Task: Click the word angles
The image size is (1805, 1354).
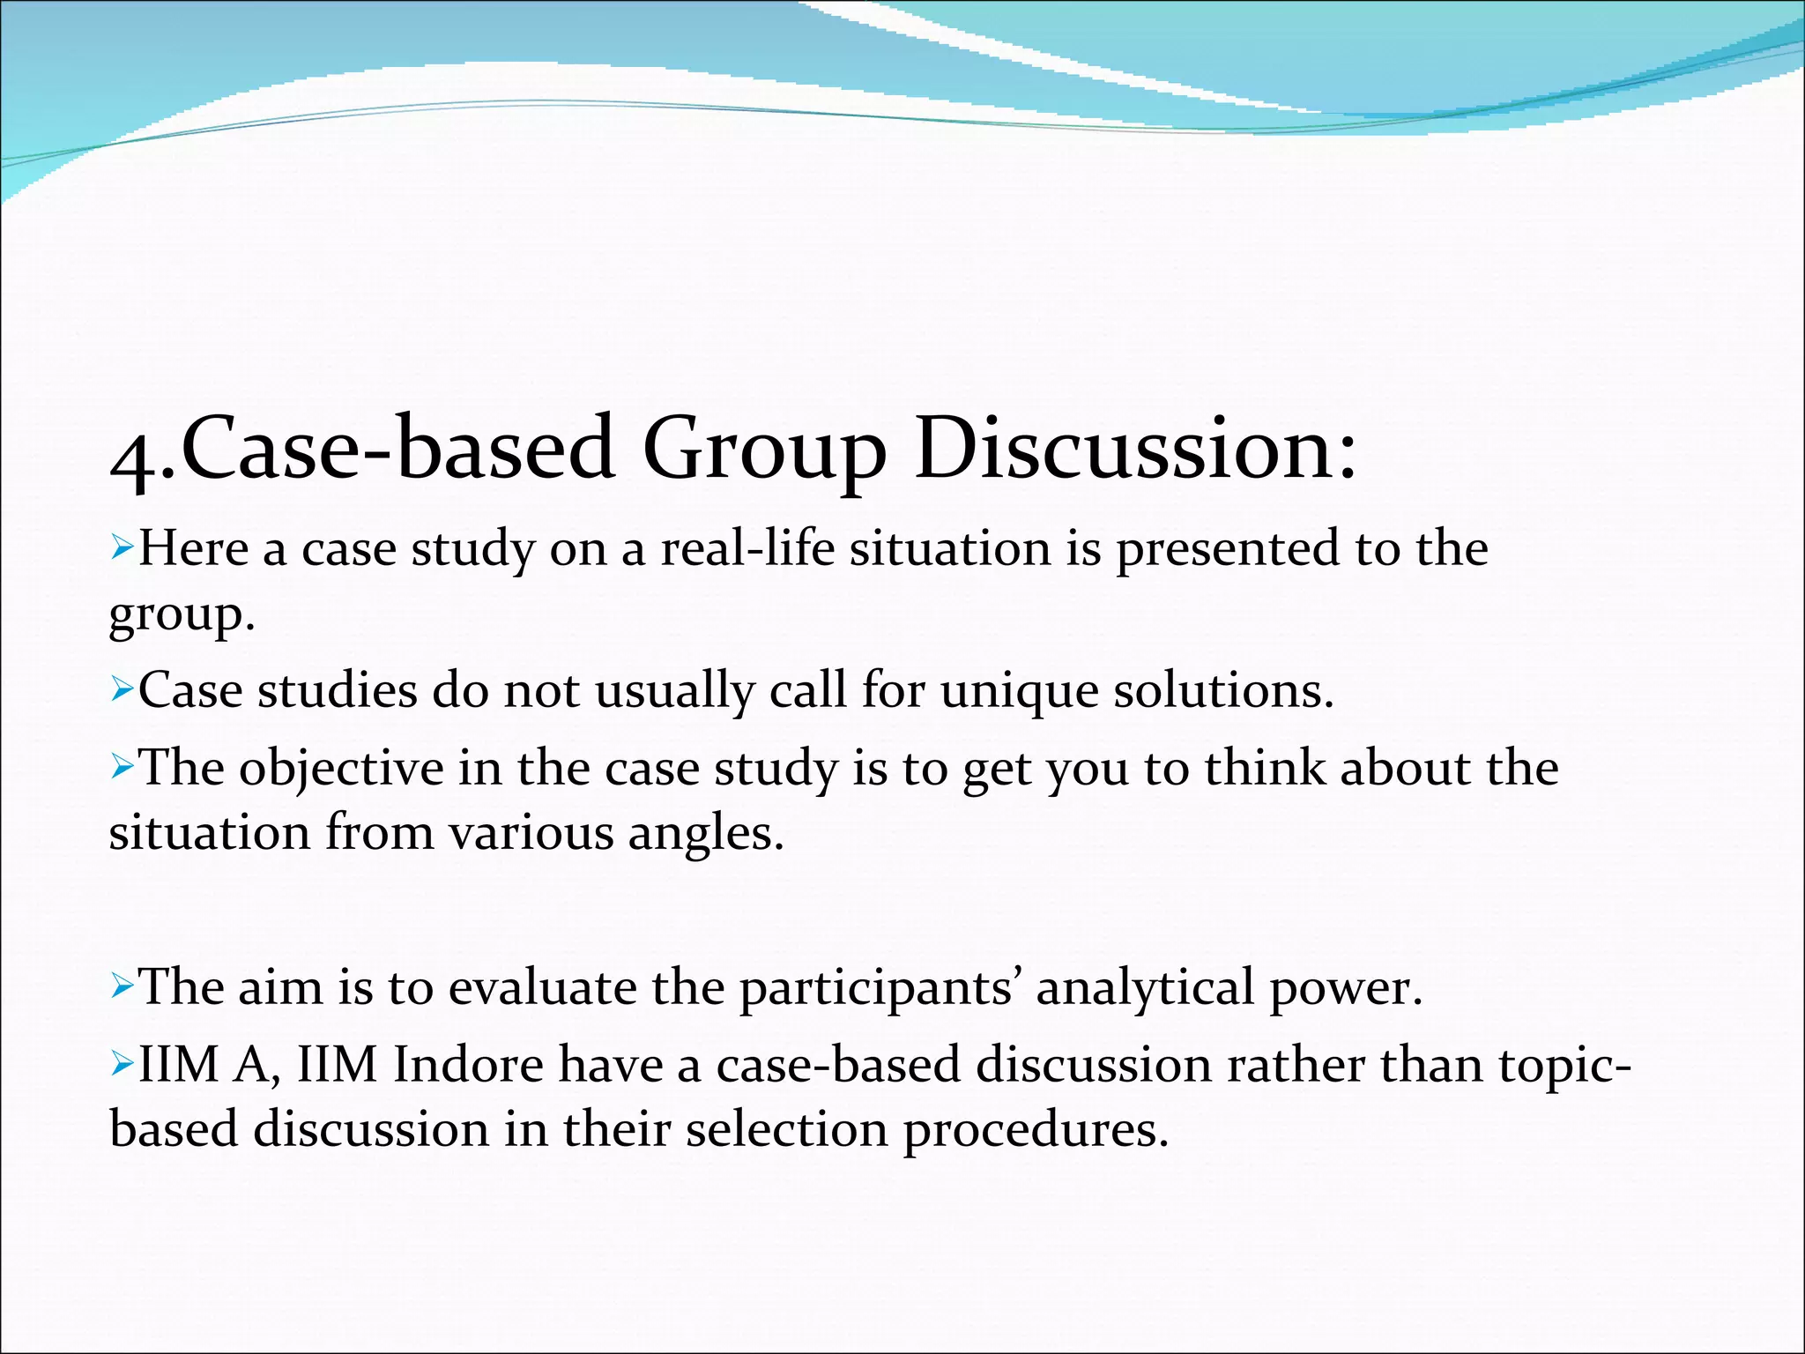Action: (704, 834)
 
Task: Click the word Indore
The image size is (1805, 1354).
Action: (468, 1065)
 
